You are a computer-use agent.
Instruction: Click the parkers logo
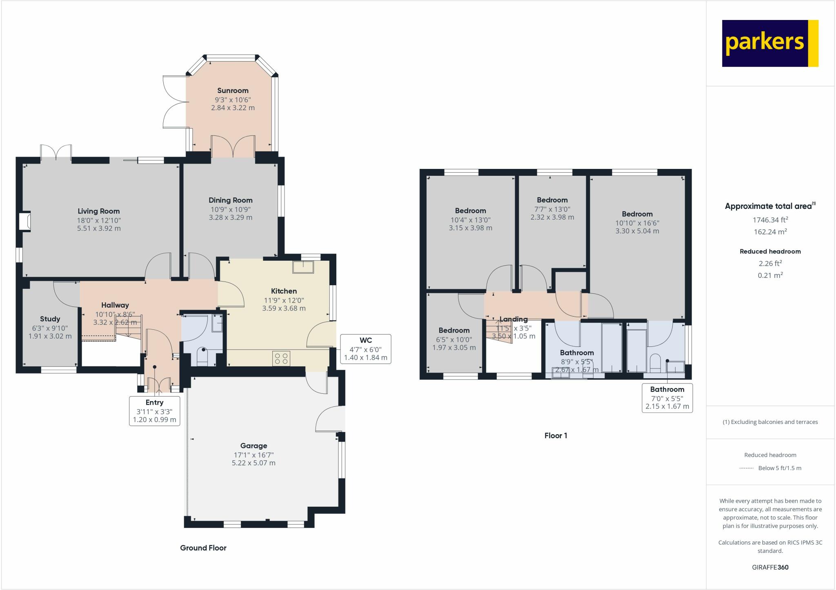pos(770,43)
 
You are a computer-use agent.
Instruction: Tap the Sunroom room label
pos(233,91)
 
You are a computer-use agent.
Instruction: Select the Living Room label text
pos(99,211)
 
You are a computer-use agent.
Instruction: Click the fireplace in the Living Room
pos(25,221)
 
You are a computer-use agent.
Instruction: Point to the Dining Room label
pos(231,200)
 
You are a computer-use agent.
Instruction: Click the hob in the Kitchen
pos(281,359)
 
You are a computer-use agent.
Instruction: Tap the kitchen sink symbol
pos(303,267)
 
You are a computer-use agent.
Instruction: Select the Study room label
pos(50,319)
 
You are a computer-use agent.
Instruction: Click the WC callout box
pos(366,349)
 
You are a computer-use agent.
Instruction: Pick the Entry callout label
pos(155,411)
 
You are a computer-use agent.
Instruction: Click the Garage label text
pos(253,446)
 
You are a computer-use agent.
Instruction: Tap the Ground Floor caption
pos(203,548)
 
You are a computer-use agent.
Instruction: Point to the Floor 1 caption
pos(556,435)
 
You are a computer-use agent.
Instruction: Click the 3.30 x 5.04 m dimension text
pos(637,231)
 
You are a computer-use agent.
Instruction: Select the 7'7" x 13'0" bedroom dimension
pos(552,209)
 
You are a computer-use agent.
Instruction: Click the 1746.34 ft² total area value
pos(770,220)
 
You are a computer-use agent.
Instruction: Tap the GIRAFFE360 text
pos(770,567)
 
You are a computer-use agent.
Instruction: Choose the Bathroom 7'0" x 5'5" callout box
pos(667,398)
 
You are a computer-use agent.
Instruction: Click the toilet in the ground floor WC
pos(203,357)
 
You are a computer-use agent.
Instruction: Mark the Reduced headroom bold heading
pos(770,251)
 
